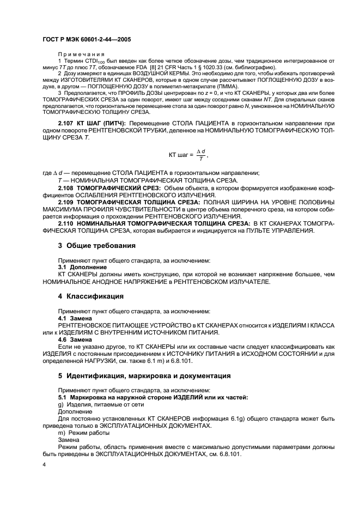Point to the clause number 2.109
coord(68,202)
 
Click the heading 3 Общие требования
coord(97,245)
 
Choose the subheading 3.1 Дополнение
coord(75,268)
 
